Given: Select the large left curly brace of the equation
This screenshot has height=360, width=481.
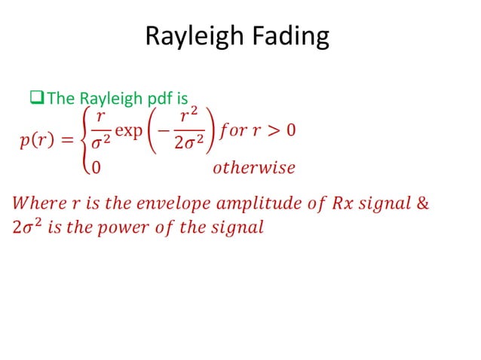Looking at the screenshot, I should pos(84,141).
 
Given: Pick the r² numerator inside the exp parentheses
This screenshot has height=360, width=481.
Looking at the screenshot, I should pos(187,117).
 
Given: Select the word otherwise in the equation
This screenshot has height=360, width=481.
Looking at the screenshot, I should pos(253,167).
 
